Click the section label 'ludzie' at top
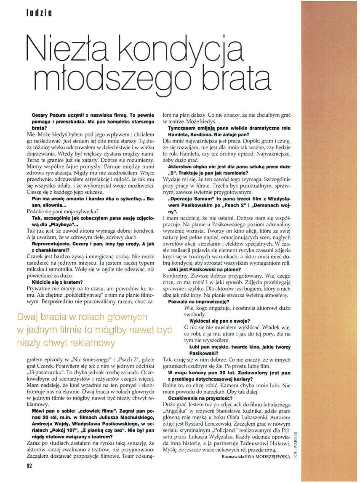tap(38, 13)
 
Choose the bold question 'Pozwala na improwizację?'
tap(198, 302)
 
